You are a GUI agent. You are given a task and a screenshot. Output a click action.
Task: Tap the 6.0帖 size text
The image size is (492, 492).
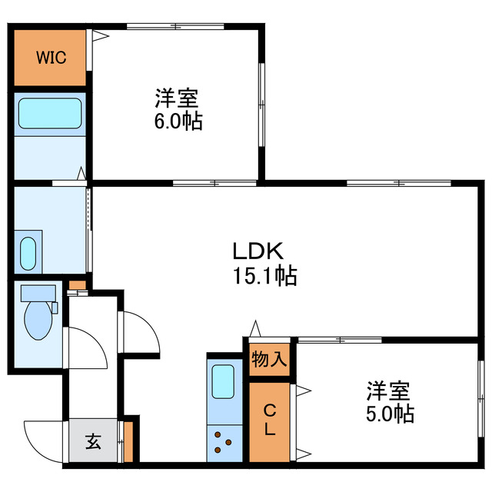pos(178,121)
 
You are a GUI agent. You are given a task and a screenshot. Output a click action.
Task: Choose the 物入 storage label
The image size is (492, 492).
pos(269,359)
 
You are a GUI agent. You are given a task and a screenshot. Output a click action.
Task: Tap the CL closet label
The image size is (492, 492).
pos(269,420)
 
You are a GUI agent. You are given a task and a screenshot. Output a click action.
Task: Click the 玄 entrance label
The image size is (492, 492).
pos(93,441)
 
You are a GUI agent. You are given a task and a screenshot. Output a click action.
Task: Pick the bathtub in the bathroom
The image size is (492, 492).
pos(50,115)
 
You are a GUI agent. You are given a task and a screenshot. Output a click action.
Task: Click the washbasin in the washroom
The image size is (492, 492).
pos(28,251)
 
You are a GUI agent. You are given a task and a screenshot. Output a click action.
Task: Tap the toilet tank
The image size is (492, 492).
pos(38,294)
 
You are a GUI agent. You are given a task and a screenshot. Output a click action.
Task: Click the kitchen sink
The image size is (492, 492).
pos(223,382)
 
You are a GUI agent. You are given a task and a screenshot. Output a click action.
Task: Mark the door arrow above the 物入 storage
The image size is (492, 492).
pos(254,330)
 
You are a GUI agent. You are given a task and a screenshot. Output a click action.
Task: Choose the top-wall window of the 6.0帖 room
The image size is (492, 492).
pos(176,27)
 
